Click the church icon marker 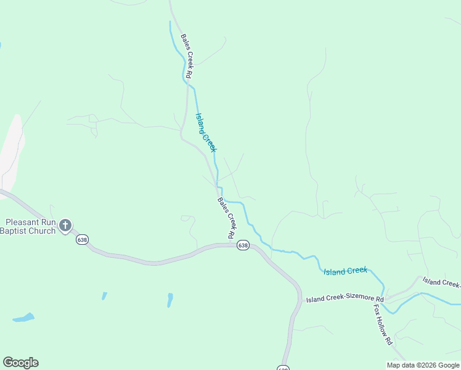pos(65,226)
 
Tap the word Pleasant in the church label pos(24,222)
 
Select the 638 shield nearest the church pos(81,239)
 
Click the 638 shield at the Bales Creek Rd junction pos(243,245)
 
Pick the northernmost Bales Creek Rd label pos(187,56)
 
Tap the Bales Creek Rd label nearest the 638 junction pos(227,218)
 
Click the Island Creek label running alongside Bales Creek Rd pos(206,132)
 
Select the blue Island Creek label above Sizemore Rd pos(345,271)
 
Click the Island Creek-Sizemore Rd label pos(345,300)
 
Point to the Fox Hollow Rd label pos(381,323)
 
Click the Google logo pos(20,363)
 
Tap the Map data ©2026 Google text pos(423,365)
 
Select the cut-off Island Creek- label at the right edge pos(441,282)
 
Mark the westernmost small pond pos(23,318)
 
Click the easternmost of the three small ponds pos(169,300)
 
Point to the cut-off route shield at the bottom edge pos(282,368)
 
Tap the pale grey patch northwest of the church pos(11,151)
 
